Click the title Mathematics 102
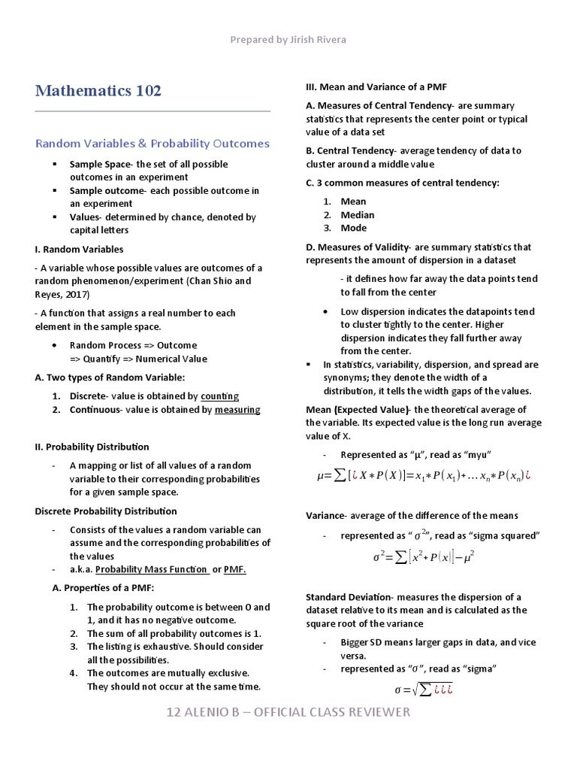tap(98, 91)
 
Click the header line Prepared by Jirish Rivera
tap(288, 38)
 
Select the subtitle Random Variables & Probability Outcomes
tap(153, 143)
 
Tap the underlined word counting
tap(219, 396)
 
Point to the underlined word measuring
tap(237, 410)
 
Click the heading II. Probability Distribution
tap(92, 447)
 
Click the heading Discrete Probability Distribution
tap(106, 511)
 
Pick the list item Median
tap(357, 214)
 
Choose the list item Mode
tap(353, 228)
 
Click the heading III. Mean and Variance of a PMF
tap(376, 87)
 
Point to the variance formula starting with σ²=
tap(424, 558)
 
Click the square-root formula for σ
tap(415, 690)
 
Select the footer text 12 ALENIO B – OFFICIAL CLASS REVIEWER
tap(288, 712)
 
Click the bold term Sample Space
tap(101, 164)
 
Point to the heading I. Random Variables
tap(79, 249)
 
